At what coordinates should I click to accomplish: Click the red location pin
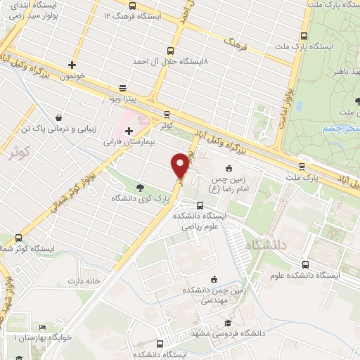181,166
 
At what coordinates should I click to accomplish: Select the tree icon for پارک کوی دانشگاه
140,187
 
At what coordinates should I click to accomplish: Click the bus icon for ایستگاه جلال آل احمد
169,50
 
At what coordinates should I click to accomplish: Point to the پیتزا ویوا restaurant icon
123,88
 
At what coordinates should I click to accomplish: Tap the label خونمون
72,75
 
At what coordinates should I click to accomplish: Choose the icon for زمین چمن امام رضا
229,169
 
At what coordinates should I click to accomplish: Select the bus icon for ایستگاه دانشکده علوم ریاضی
201,205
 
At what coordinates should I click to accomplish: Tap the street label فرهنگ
233,43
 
